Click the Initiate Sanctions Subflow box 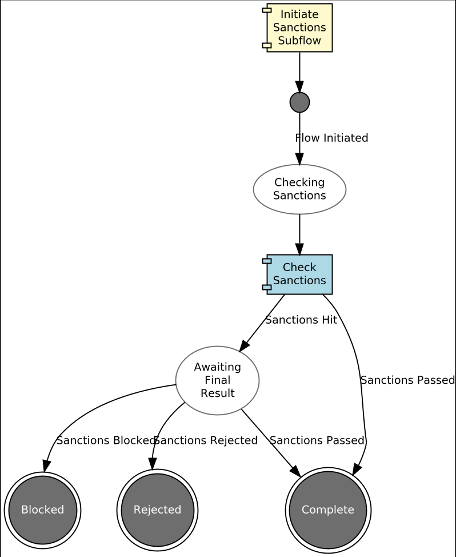[299, 27]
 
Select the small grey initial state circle [299, 102]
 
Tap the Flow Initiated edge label [331, 138]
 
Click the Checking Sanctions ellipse [299, 189]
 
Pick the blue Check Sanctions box [299, 274]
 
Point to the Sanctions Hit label [301, 320]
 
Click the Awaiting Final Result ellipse [217, 380]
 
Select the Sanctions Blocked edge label [105, 440]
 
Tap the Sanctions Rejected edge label [206, 440]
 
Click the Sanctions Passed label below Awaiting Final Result [317, 440]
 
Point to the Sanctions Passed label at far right [407, 380]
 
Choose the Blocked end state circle [42, 510]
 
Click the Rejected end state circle [157, 510]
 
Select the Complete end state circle [328, 510]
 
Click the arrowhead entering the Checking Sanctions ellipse [299, 159]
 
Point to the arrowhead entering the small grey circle [299, 86]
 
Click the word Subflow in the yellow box [299, 41]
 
